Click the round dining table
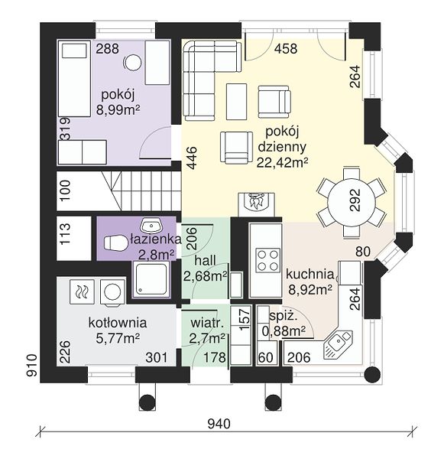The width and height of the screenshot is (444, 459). tap(351, 202)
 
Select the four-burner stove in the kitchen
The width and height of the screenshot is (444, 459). tap(267, 260)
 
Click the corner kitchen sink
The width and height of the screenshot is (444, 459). tap(338, 345)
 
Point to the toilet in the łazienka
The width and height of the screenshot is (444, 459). tap(115, 243)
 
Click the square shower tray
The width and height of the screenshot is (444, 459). tap(151, 279)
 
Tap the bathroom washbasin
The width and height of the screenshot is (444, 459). tap(151, 225)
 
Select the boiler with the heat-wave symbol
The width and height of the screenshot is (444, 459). tap(83, 291)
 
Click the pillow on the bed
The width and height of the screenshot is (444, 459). tap(75, 50)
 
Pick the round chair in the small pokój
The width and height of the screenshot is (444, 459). tap(133, 63)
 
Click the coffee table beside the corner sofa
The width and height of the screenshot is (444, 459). tap(236, 102)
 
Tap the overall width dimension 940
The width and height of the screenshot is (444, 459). tap(219, 423)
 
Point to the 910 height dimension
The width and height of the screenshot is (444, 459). tap(32, 365)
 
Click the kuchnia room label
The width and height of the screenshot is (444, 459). tap(310, 275)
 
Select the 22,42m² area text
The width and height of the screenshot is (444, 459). tap(282, 162)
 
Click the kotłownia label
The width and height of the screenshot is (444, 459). tap(118, 323)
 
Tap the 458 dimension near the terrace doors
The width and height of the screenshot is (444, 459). tap(286, 49)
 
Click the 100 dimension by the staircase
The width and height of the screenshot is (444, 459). tap(66, 190)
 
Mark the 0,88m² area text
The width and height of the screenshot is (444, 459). tap(284, 332)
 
